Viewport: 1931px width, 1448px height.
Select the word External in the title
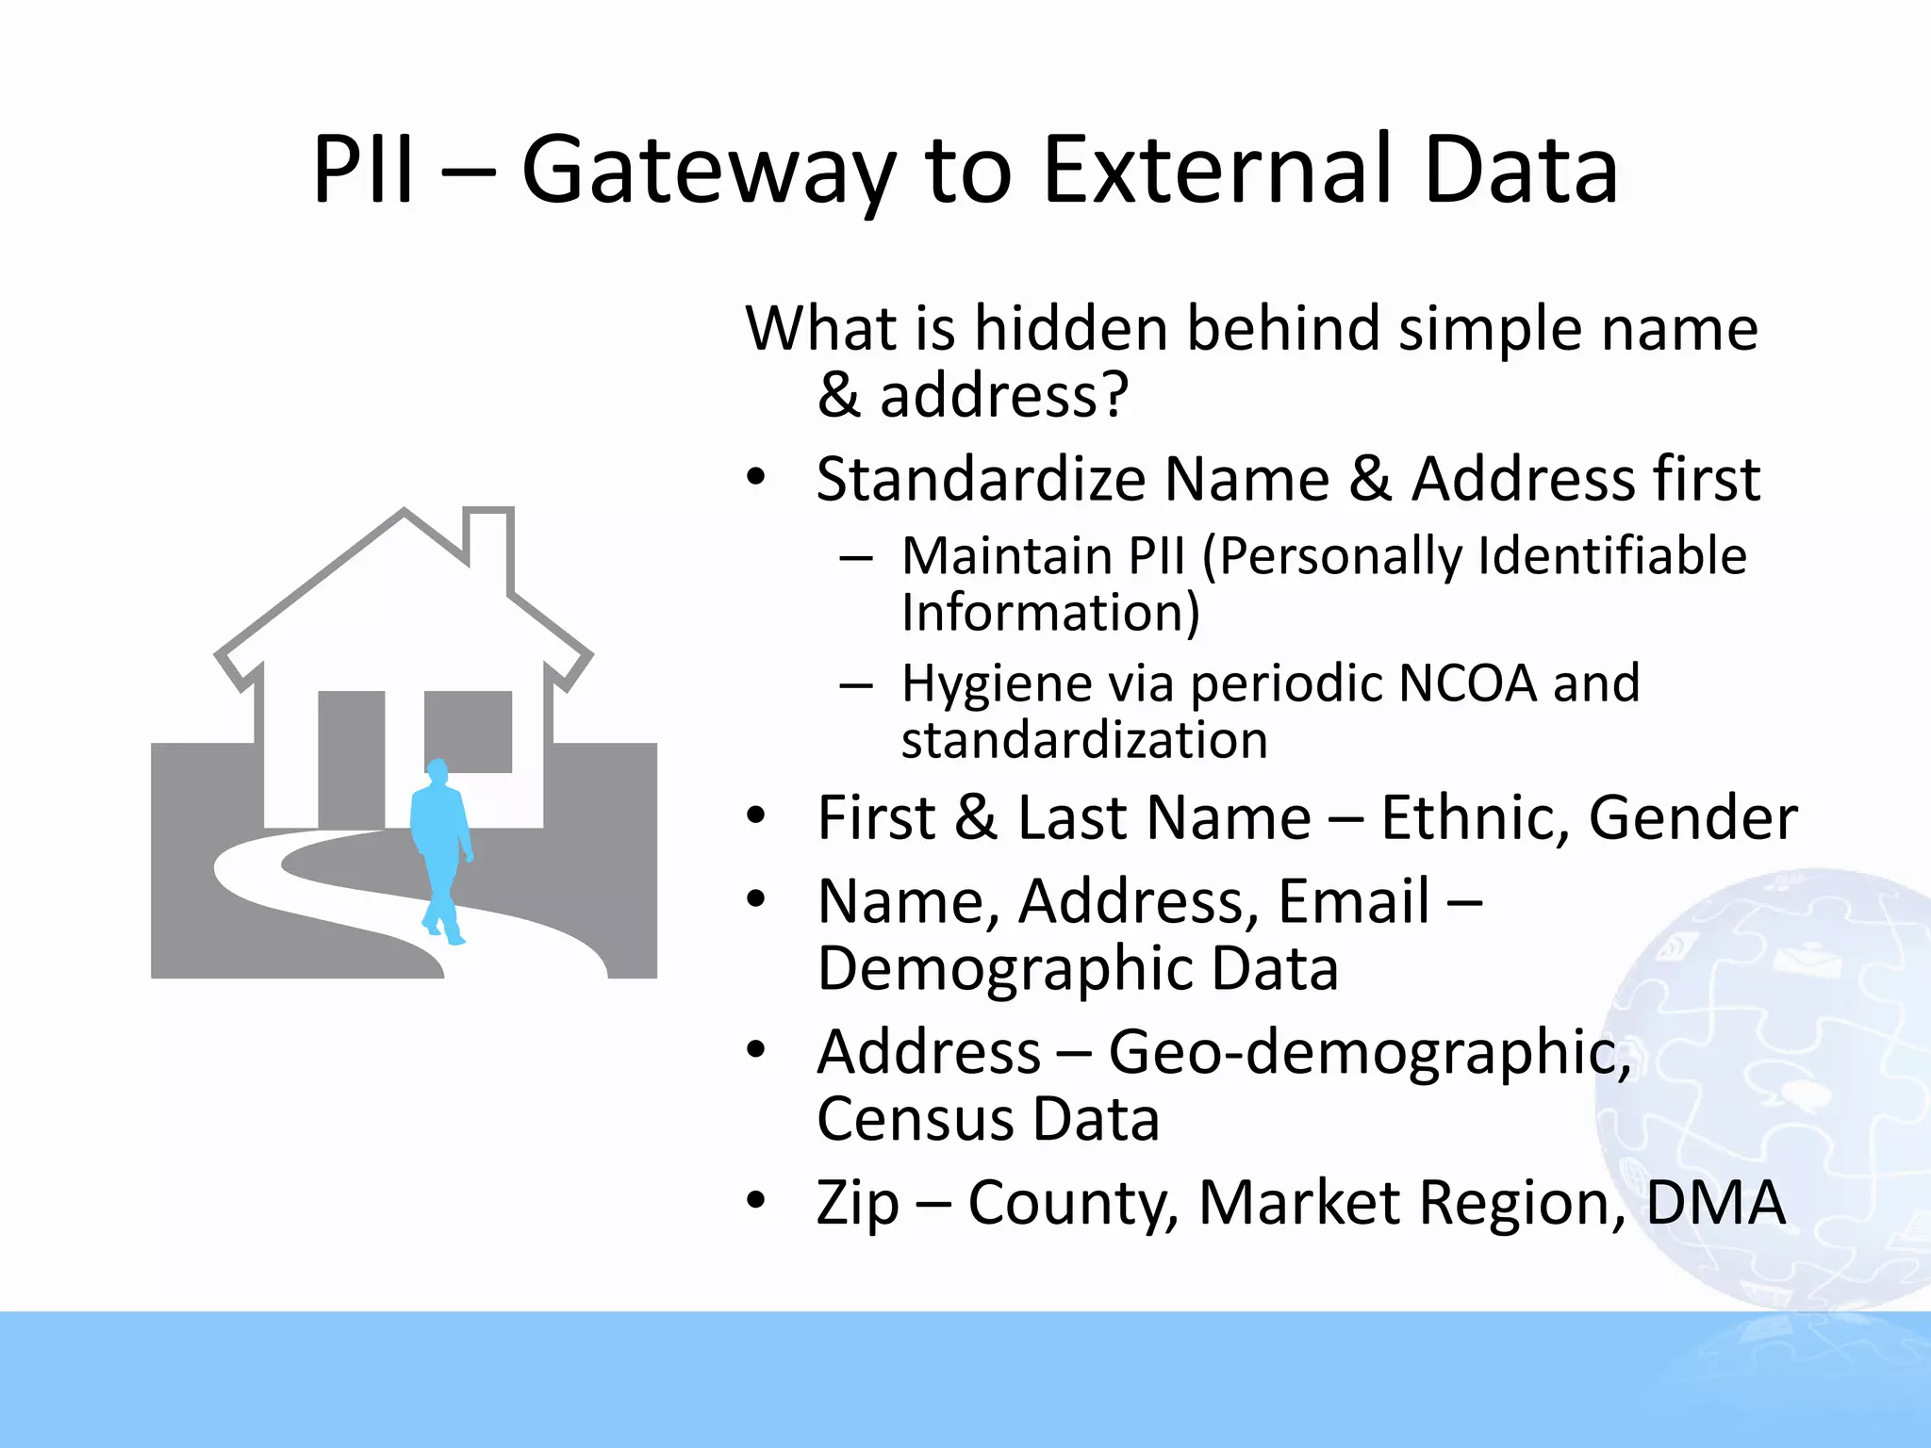pos(1215,171)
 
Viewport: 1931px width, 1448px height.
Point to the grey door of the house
pos(351,759)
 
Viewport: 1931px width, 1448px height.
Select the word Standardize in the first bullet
pos(979,480)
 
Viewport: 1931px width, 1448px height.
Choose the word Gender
pos(1692,817)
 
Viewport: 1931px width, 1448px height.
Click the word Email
pos(1354,901)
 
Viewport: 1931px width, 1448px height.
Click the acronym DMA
pos(1715,1203)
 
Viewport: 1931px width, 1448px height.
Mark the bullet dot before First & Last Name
pos(755,816)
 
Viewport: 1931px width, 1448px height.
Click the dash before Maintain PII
pos(854,557)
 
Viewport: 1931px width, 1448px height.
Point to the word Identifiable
pos(1612,555)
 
